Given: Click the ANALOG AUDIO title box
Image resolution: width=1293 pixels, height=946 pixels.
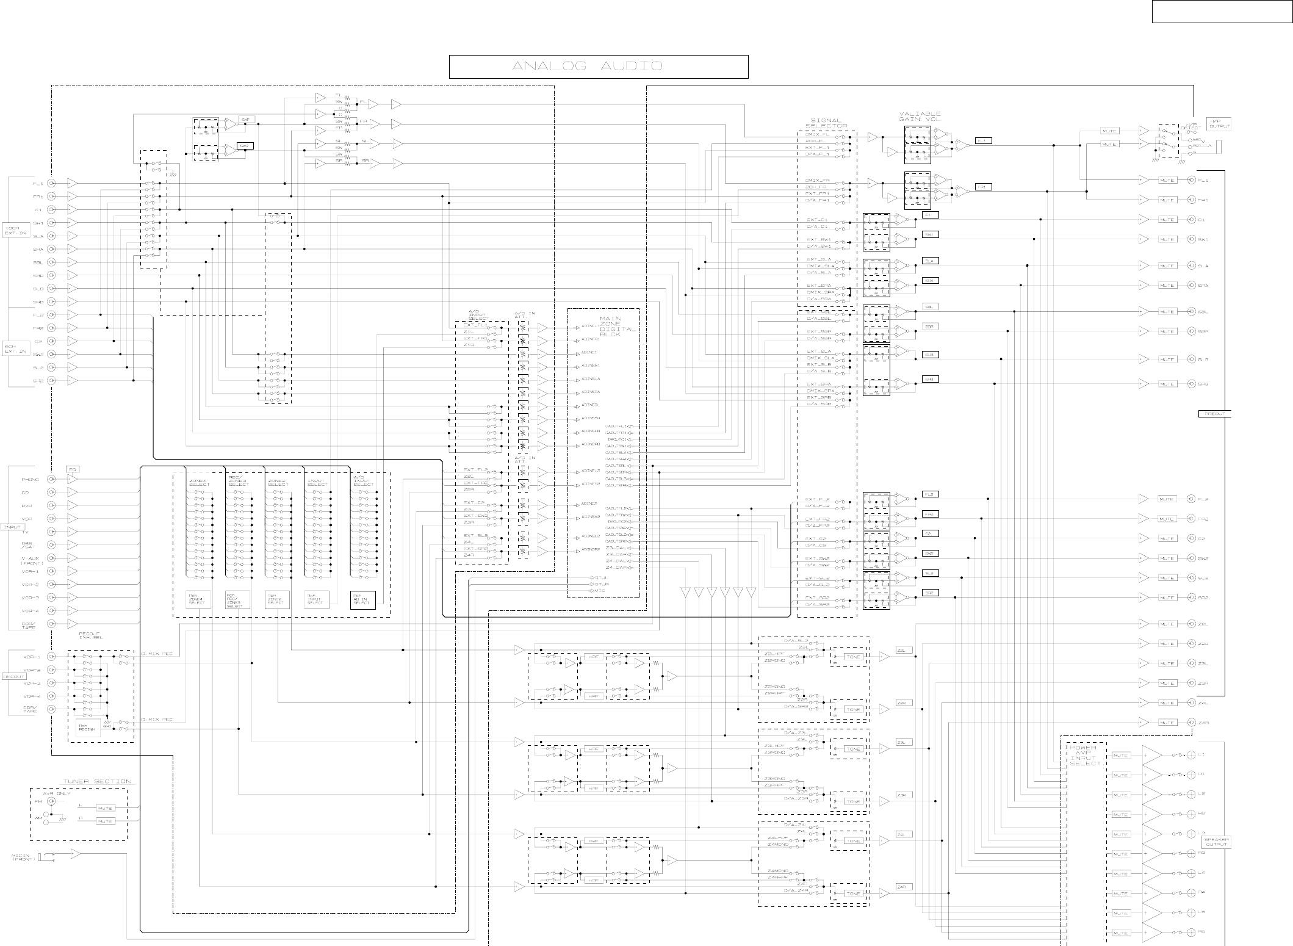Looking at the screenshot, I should click(599, 67).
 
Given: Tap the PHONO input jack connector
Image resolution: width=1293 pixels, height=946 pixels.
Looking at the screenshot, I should click(52, 480).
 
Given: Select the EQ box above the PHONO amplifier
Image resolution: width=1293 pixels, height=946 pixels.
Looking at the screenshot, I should click(73, 469).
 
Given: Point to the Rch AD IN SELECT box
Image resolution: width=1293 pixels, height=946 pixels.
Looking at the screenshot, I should click(362, 600).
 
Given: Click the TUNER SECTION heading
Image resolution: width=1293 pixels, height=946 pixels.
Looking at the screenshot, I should click(97, 781).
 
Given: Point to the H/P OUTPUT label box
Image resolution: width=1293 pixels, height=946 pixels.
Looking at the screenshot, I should click(1219, 124).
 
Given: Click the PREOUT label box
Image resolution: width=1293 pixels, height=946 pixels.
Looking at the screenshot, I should click(1214, 414).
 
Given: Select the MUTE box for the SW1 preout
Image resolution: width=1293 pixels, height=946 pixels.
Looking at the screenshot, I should click(1167, 239).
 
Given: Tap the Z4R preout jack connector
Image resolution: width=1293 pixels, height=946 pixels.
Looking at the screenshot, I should click(1191, 723).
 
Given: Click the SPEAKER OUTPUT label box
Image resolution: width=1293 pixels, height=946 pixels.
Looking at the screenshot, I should click(1216, 842).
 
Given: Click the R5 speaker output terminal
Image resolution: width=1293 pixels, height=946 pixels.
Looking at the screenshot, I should click(1190, 932).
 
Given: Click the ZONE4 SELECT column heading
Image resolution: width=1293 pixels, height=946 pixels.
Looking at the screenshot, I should click(199, 483).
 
